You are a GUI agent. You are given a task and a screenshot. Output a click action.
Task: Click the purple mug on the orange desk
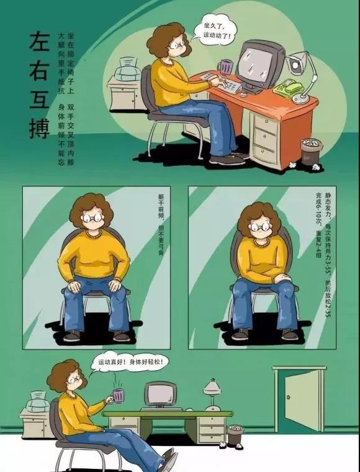click(x=226, y=66)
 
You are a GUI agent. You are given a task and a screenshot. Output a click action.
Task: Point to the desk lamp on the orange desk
click(x=302, y=77)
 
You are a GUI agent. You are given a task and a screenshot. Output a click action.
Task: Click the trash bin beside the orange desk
click(x=312, y=152)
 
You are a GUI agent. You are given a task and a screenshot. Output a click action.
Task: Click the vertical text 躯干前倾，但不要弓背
click(x=161, y=224)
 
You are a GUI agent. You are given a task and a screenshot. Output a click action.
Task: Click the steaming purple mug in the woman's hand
click(x=117, y=395)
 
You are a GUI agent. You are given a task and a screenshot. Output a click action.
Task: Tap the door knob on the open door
click(x=289, y=397)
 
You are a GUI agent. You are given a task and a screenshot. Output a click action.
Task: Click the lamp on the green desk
click(x=213, y=395)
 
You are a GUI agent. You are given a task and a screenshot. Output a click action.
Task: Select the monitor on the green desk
click(x=160, y=395)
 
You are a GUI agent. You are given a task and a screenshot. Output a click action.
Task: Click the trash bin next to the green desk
click(x=235, y=435)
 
